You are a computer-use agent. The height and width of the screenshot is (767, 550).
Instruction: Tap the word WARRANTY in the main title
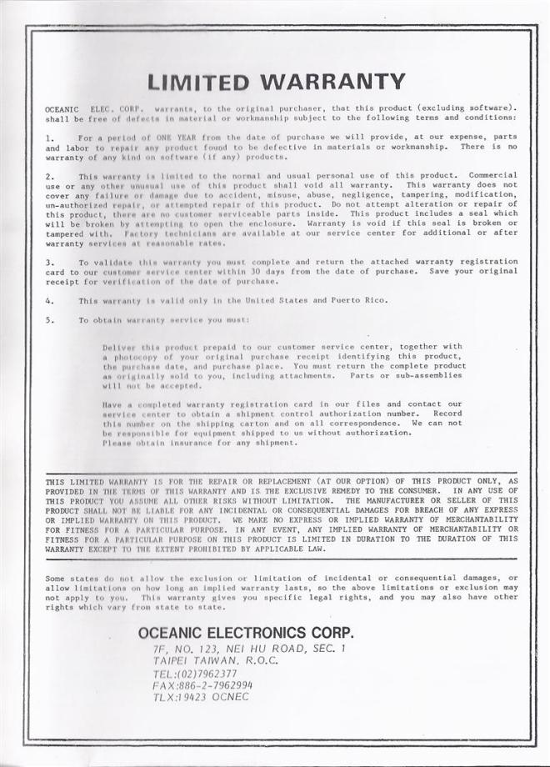pos(332,82)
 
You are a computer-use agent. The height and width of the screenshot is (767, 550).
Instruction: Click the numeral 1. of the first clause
pos(50,137)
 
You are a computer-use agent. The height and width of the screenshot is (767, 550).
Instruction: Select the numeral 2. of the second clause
pos(50,176)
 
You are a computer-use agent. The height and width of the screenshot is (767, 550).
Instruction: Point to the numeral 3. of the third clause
pos(50,262)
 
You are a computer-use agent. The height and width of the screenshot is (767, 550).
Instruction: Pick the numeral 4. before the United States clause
pos(50,300)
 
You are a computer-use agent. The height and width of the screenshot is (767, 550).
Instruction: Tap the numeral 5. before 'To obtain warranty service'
pos(50,320)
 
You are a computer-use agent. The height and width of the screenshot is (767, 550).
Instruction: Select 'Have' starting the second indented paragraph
pos(112,404)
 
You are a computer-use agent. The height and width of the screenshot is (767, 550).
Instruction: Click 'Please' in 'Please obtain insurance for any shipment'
pos(117,443)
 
